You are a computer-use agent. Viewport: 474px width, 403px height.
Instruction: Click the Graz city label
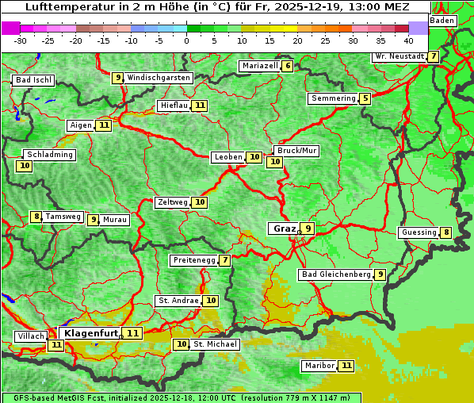point(285,228)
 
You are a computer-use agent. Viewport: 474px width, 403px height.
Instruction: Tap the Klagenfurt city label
point(90,333)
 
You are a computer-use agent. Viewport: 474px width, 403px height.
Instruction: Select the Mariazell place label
point(259,66)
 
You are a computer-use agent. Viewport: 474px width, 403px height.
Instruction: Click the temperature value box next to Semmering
point(365,98)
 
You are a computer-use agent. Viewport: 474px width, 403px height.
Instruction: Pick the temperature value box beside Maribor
point(346,366)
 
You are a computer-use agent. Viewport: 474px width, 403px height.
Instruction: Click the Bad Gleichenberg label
point(335,274)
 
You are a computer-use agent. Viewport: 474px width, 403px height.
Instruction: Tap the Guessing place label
point(419,232)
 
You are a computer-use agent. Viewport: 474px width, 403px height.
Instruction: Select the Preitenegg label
point(193,260)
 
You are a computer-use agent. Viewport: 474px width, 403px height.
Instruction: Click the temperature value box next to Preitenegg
point(225,260)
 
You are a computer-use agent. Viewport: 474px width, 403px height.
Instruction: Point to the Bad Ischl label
point(33,80)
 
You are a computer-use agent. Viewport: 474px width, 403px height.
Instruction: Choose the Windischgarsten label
point(159,78)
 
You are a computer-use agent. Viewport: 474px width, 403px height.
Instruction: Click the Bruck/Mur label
point(296,150)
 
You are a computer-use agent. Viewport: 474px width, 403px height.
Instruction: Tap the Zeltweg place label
point(173,202)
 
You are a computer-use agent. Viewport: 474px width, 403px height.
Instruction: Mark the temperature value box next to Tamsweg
point(36,217)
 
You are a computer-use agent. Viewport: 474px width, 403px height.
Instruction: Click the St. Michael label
point(216,344)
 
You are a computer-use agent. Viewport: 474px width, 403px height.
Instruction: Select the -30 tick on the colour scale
point(21,40)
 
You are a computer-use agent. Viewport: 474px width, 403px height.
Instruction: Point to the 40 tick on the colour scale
point(408,40)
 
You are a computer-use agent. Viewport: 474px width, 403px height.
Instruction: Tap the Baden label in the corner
point(442,20)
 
